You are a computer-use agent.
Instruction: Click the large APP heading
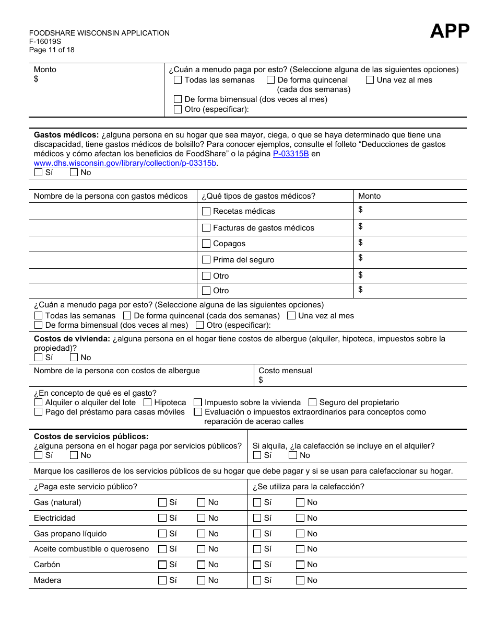(x=450, y=31)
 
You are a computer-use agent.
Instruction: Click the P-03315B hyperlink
(x=291, y=154)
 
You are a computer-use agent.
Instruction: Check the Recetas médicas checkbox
(x=206, y=211)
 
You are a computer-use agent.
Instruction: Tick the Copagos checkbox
(x=206, y=244)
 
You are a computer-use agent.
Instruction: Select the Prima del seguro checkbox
(x=206, y=260)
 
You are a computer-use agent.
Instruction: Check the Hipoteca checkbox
(x=148, y=403)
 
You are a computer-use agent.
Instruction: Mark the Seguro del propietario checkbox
(x=312, y=403)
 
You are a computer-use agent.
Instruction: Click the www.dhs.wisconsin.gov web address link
(x=125, y=163)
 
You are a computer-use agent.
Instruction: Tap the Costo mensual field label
(x=285, y=371)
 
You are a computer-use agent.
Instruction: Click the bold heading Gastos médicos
(x=66, y=135)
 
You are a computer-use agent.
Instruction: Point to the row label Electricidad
(x=55, y=518)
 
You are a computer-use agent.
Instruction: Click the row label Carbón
(x=47, y=565)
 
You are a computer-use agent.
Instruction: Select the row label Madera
(x=48, y=580)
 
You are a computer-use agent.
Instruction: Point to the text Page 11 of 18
(x=52, y=50)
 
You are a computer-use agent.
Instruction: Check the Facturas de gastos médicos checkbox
(x=206, y=228)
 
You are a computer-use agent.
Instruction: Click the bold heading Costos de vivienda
(x=72, y=339)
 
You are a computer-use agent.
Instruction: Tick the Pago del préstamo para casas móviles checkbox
(x=38, y=412)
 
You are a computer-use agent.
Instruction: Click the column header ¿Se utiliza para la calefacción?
(x=308, y=487)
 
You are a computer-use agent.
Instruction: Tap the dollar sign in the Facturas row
(x=360, y=226)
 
